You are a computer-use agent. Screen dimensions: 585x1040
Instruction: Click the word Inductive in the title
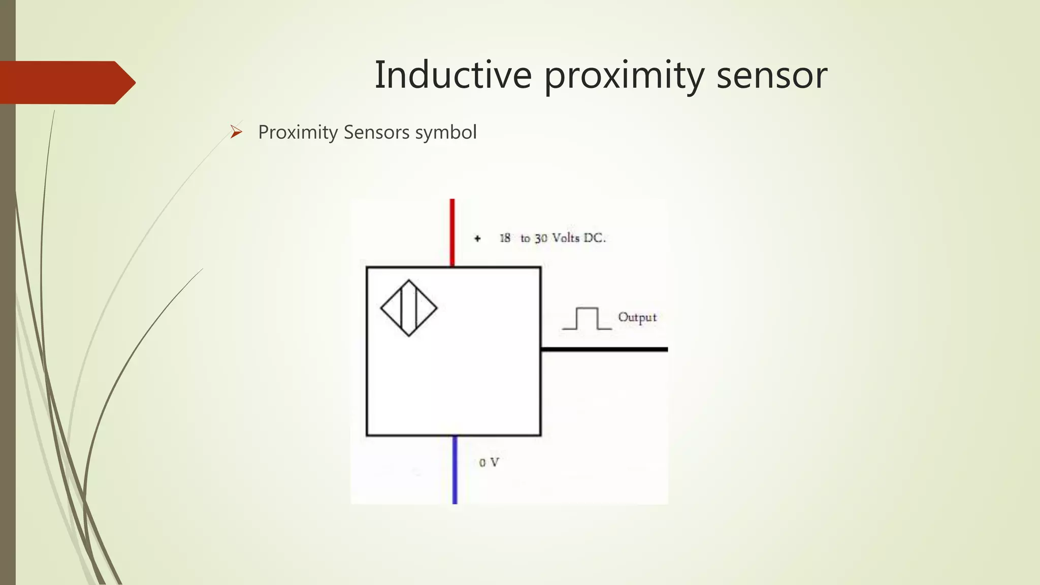click(453, 75)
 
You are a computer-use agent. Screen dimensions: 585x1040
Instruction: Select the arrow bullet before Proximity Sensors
click(236, 132)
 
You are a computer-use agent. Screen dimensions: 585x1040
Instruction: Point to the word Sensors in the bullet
click(376, 132)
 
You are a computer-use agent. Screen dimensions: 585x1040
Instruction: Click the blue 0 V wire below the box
click(454, 470)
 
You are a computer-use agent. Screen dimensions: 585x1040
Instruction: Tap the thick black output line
click(604, 349)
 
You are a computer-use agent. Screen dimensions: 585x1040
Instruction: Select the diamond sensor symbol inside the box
click(409, 308)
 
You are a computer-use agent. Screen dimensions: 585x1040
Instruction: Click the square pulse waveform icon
click(587, 319)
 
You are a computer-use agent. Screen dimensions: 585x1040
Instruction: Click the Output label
click(637, 317)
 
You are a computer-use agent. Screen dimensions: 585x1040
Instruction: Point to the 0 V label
click(489, 463)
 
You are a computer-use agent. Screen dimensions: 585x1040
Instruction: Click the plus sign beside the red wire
click(477, 238)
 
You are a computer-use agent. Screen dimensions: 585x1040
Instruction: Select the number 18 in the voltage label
click(505, 238)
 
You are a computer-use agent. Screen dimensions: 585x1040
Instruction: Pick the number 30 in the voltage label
click(541, 238)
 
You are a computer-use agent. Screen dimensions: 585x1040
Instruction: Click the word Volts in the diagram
click(565, 238)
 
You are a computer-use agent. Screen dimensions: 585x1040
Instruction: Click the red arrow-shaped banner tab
click(66, 82)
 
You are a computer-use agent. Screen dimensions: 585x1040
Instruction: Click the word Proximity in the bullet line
click(298, 133)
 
